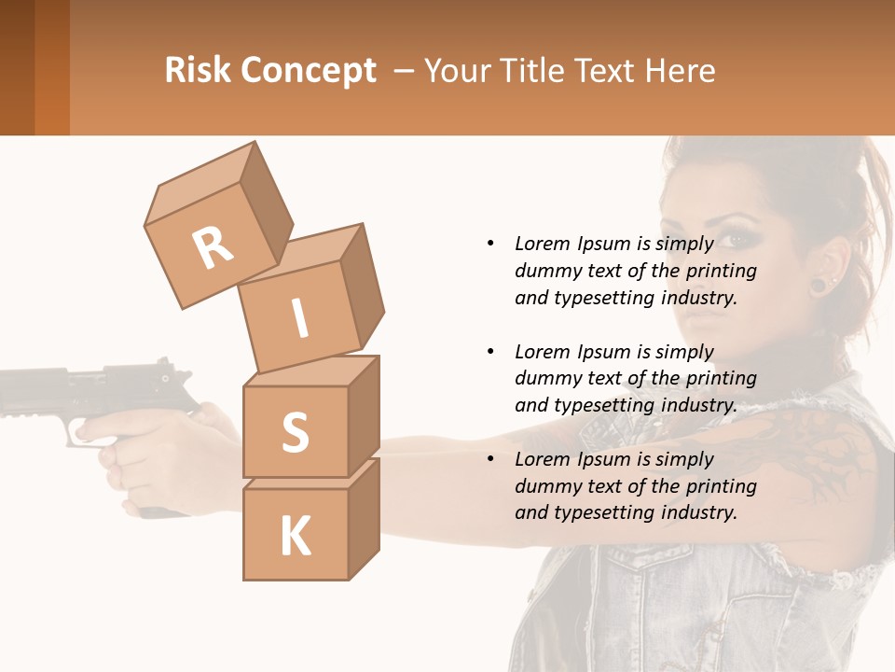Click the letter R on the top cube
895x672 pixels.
point(213,248)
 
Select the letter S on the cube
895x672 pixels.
point(295,432)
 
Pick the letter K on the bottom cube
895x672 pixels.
point(295,537)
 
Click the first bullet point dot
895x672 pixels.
point(490,244)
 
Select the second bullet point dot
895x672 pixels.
point(490,352)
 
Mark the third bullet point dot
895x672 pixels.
point(490,459)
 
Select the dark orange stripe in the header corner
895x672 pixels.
point(51,67)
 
